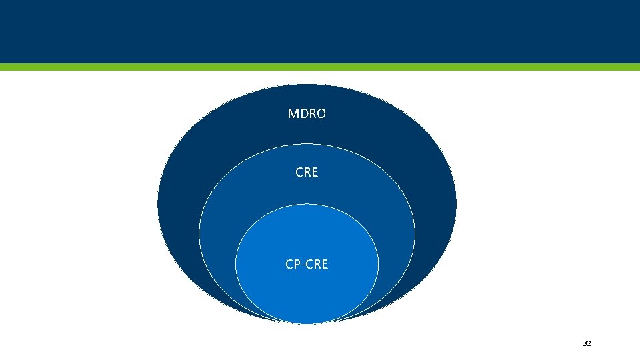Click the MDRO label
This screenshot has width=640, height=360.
[x=307, y=114]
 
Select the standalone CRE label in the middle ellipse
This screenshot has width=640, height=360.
[x=307, y=172]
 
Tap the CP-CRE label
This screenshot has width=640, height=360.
[x=307, y=265]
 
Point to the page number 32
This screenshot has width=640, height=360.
[x=587, y=343]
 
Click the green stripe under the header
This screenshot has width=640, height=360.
[x=320, y=67]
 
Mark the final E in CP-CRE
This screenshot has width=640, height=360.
[x=325, y=265]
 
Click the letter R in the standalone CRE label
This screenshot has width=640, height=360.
[x=307, y=172]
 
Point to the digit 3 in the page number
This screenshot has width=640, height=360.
[x=585, y=343]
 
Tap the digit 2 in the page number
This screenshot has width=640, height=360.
[x=589, y=343]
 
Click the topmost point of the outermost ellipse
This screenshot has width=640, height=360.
[x=307, y=85]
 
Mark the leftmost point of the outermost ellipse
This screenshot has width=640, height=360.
[x=158, y=203]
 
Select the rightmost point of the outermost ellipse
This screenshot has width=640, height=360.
[x=457, y=203]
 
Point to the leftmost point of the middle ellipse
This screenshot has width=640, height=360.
[x=199, y=233]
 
